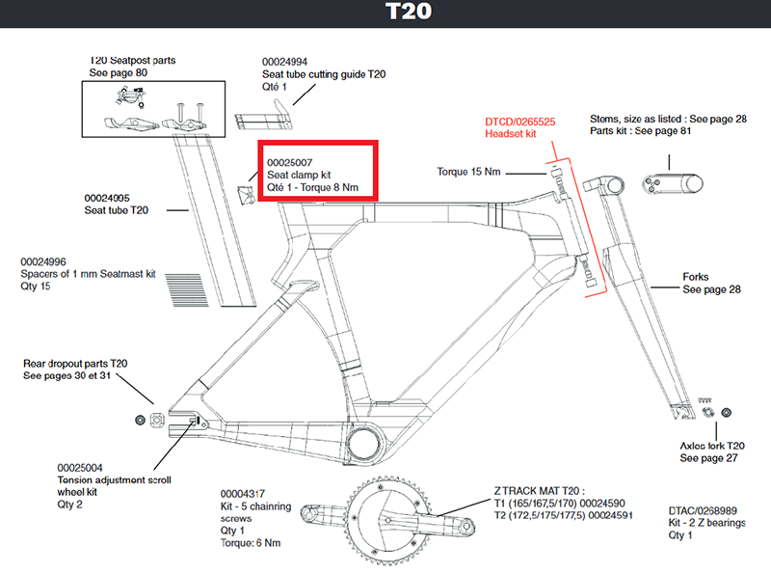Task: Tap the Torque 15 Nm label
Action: point(467,173)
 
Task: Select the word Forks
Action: point(696,277)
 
